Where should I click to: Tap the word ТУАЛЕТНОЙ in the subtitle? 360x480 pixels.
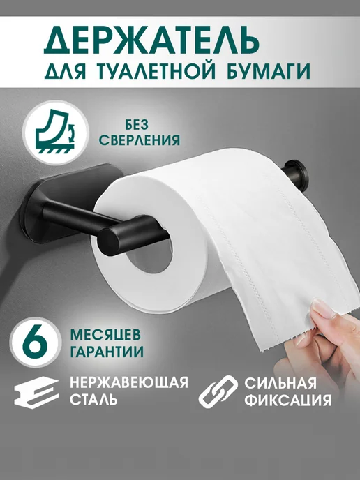(150, 71)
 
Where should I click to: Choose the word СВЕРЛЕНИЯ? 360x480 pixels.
(140, 140)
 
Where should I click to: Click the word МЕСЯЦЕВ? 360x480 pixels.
(105, 335)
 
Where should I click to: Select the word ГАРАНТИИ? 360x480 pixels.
(107, 352)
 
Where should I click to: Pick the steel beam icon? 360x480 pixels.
(37, 392)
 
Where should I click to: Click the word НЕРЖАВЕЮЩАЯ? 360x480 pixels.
(129, 382)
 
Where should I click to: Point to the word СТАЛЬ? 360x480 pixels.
(93, 400)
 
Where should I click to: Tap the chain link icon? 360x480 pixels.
(218, 391)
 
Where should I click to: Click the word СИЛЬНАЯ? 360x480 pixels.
(280, 383)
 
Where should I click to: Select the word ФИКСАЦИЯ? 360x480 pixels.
(287, 400)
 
